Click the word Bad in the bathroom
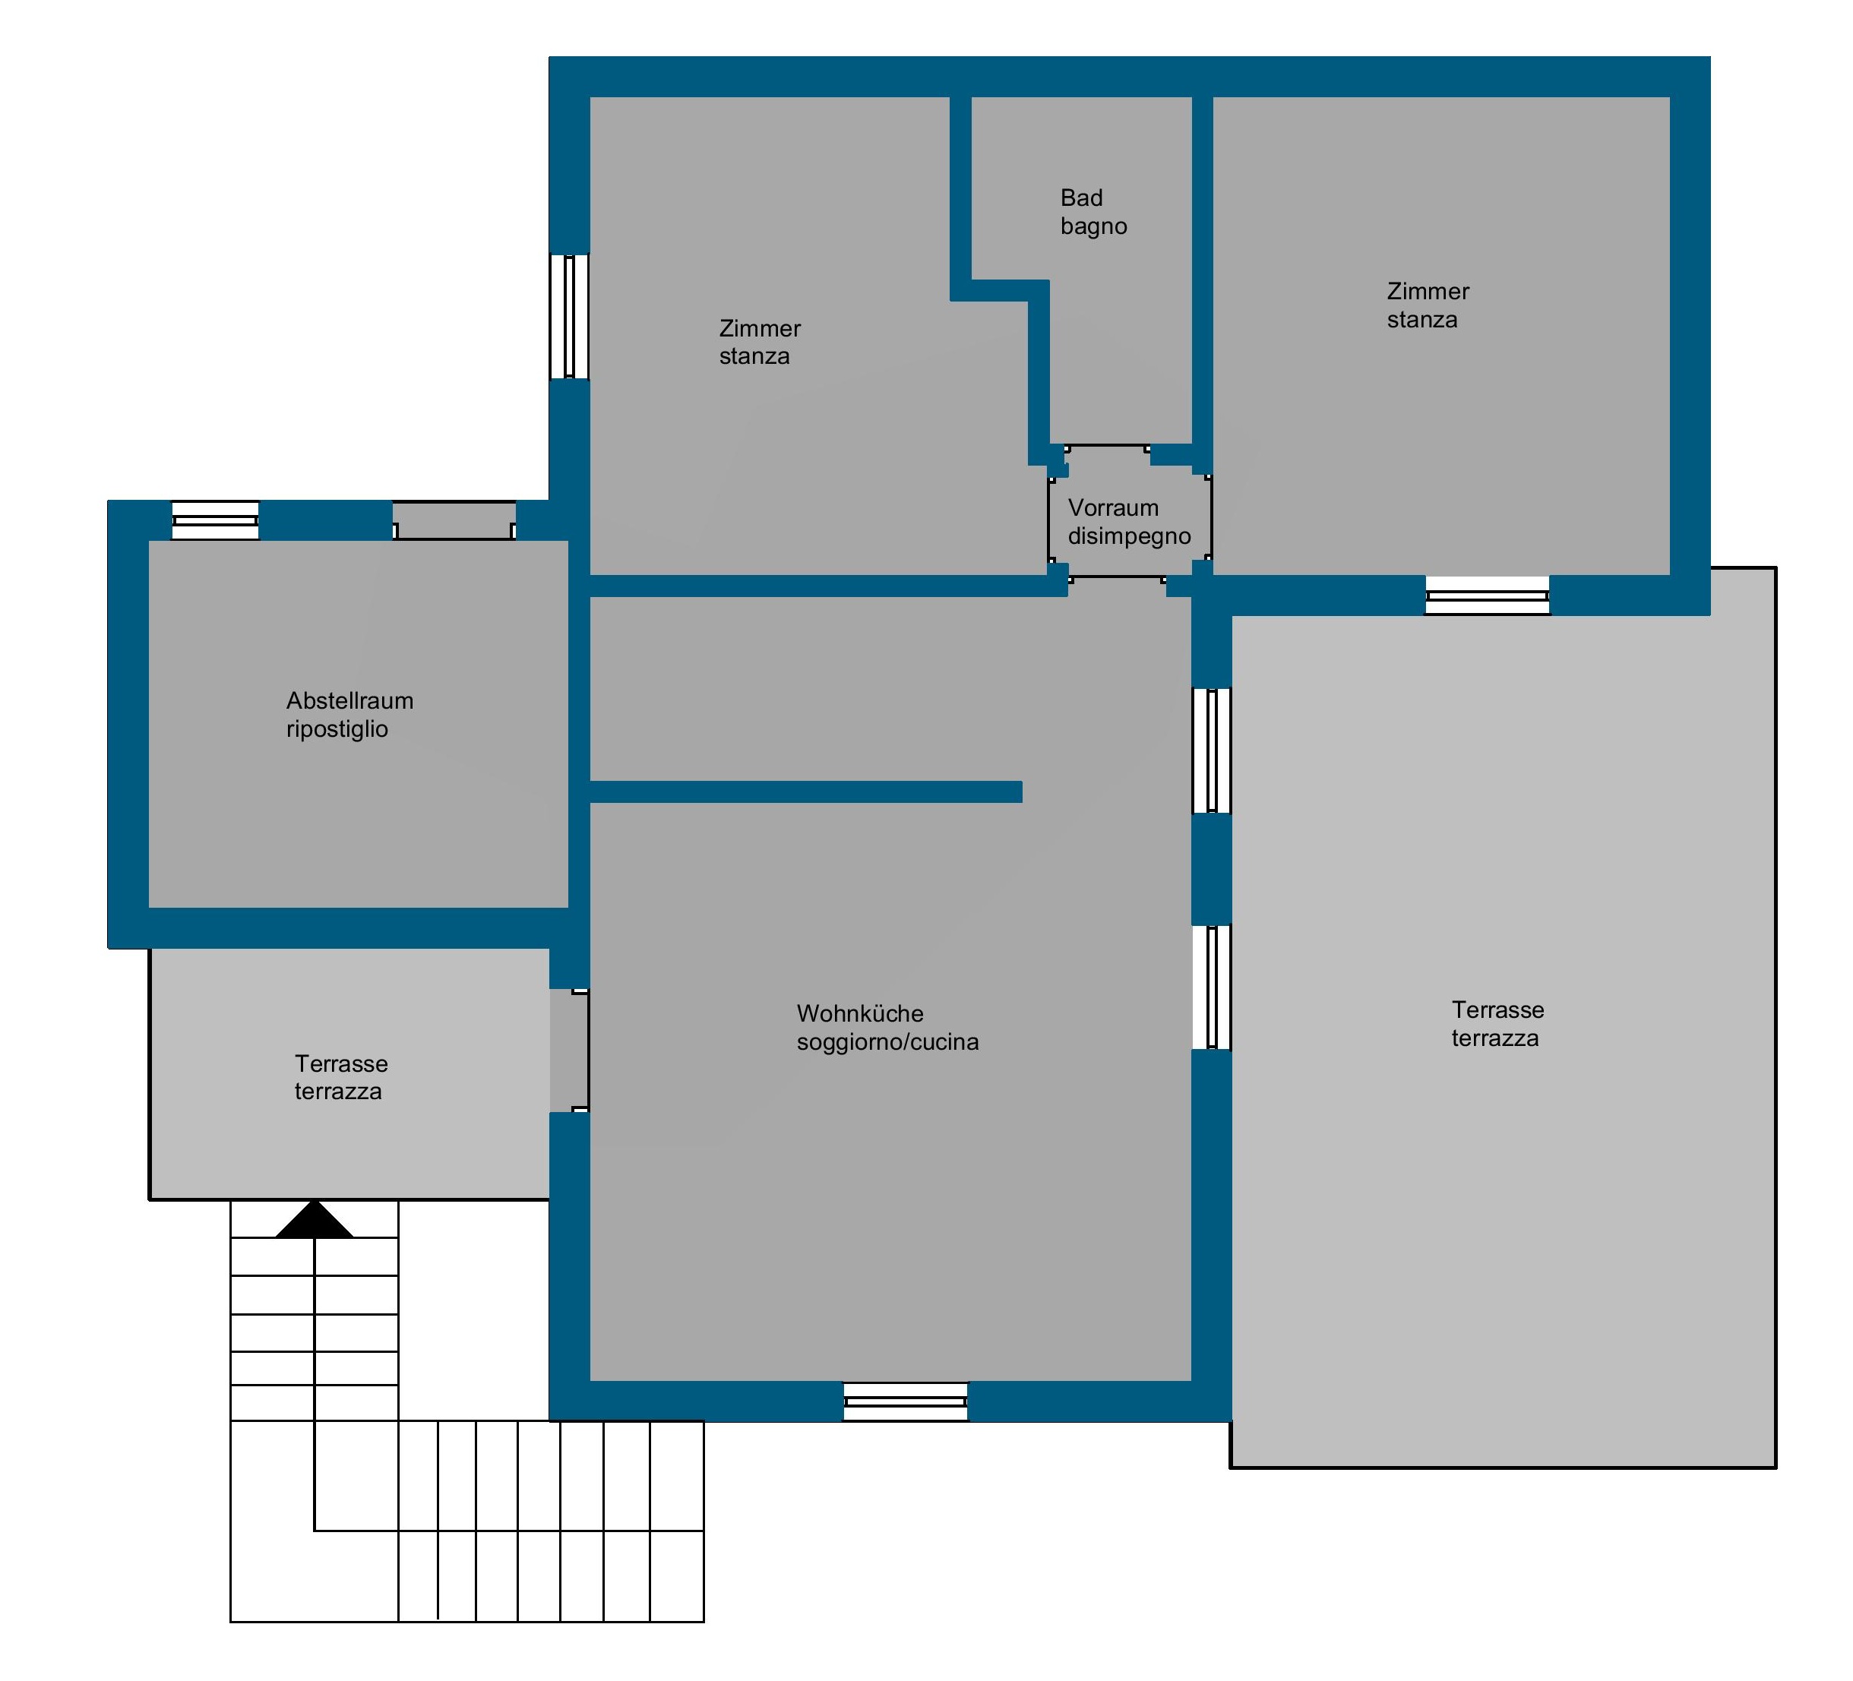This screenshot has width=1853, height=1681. click(x=1081, y=197)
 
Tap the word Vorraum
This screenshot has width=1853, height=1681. click(x=1112, y=507)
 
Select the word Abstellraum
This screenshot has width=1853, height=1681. click(x=349, y=700)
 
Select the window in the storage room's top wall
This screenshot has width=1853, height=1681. click(x=215, y=520)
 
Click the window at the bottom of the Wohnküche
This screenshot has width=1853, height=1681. click(x=906, y=1401)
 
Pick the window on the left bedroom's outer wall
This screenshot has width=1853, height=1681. click(x=569, y=316)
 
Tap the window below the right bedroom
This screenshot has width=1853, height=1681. click(x=1487, y=596)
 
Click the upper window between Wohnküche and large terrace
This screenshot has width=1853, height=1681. click(x=1212, y=751)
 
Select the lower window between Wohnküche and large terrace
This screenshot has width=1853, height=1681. click(x=1212, y=987)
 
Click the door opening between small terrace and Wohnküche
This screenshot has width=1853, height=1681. click(x=569, y=1051)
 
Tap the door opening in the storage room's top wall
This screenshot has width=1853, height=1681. click(x=454, y=520)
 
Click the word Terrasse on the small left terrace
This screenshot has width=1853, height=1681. click(x=341, y=1063)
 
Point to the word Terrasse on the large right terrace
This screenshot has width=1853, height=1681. click(x=1497, y=1010)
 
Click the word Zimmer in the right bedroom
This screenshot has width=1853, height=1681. click(x=1428, y=292)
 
